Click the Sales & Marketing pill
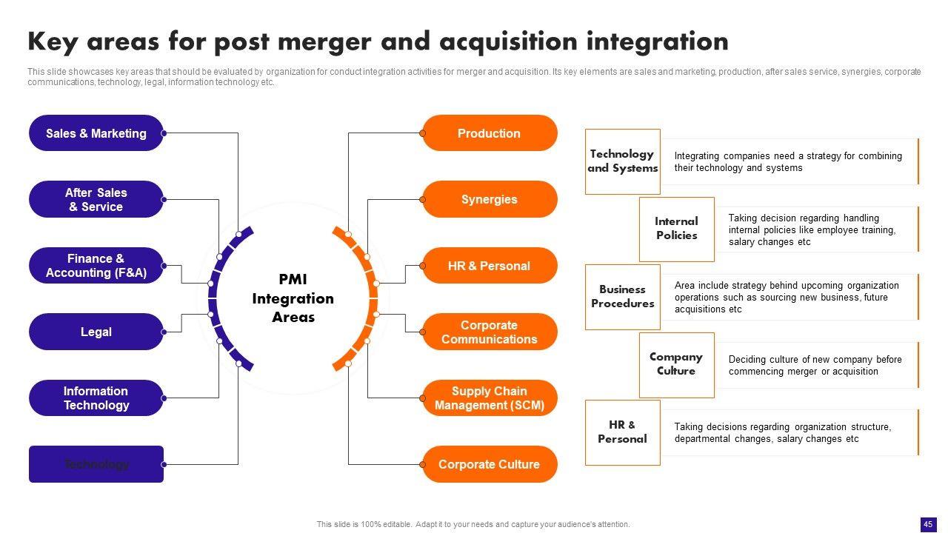(x=96, y=133)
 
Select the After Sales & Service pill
(x=96, y=200)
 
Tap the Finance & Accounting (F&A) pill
(x=96, y=266)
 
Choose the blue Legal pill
(x=96, y=332)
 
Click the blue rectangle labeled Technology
(x=96, y=464)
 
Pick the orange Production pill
(x=490, y=133)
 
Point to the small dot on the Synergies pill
(x=423, y=200)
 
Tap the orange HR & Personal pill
(x=490, y=266)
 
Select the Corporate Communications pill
(x=490, y=332)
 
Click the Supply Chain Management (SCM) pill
(x=490, y=398)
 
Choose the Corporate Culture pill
(x=490, y=464)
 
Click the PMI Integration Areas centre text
(x=293, y=298)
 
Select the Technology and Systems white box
(x=622, y=161)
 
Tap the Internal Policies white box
(x=676, y=229)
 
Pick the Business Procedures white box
(x=622, y=297)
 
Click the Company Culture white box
(x=676, y=364)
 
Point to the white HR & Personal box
(x=622, y=432)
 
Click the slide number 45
(x=927, y=524)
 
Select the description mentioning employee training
(x=812, y=230)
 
